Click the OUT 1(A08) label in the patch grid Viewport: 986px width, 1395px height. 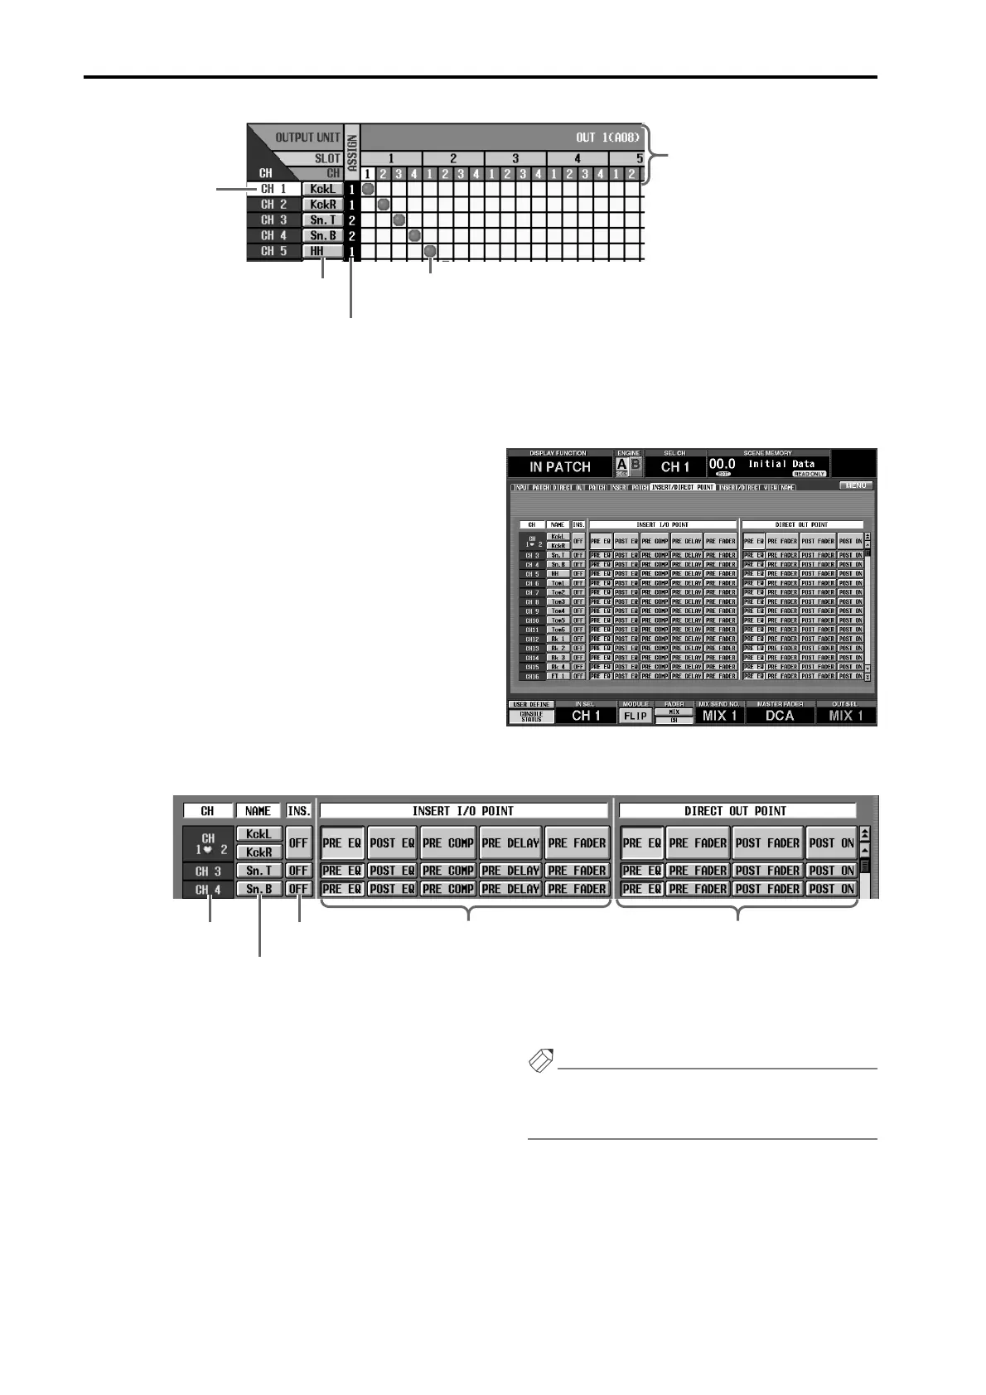607,137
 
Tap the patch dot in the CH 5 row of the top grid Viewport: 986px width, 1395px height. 430,251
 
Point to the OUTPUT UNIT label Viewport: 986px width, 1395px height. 308,138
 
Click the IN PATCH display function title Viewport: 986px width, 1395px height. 560,466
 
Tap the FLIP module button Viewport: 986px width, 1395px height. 636,715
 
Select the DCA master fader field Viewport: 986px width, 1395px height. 779,715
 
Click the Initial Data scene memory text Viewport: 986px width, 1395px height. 781,464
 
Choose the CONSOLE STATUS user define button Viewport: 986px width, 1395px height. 531,717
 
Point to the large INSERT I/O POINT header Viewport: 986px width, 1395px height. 463,811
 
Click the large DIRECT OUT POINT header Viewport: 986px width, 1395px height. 736,811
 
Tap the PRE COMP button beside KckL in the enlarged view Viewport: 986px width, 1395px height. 447,843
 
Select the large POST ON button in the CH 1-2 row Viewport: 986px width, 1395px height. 831,843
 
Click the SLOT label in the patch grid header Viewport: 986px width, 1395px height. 327,157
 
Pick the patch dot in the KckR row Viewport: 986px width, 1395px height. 384,205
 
